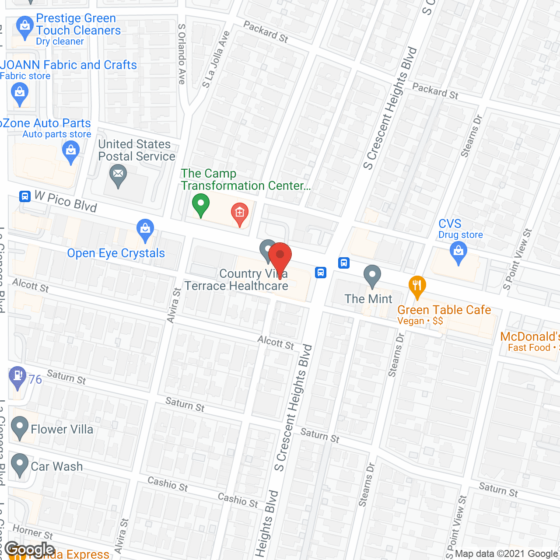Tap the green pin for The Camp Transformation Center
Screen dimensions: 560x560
201,204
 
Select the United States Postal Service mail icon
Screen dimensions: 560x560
118,175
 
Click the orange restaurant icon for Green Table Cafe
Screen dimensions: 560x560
417,286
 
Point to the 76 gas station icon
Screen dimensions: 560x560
17,376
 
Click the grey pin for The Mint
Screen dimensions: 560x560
372,276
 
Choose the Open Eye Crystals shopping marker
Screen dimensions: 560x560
145,229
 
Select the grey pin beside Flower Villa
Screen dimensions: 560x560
19,427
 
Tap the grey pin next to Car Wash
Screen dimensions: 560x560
19,464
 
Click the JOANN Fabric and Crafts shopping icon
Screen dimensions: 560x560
19,93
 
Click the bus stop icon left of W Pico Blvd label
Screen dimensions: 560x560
25,196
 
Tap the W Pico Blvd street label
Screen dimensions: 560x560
66,202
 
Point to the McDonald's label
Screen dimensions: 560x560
529,337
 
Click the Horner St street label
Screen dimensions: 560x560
33,532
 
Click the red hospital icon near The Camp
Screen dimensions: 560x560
239,213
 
